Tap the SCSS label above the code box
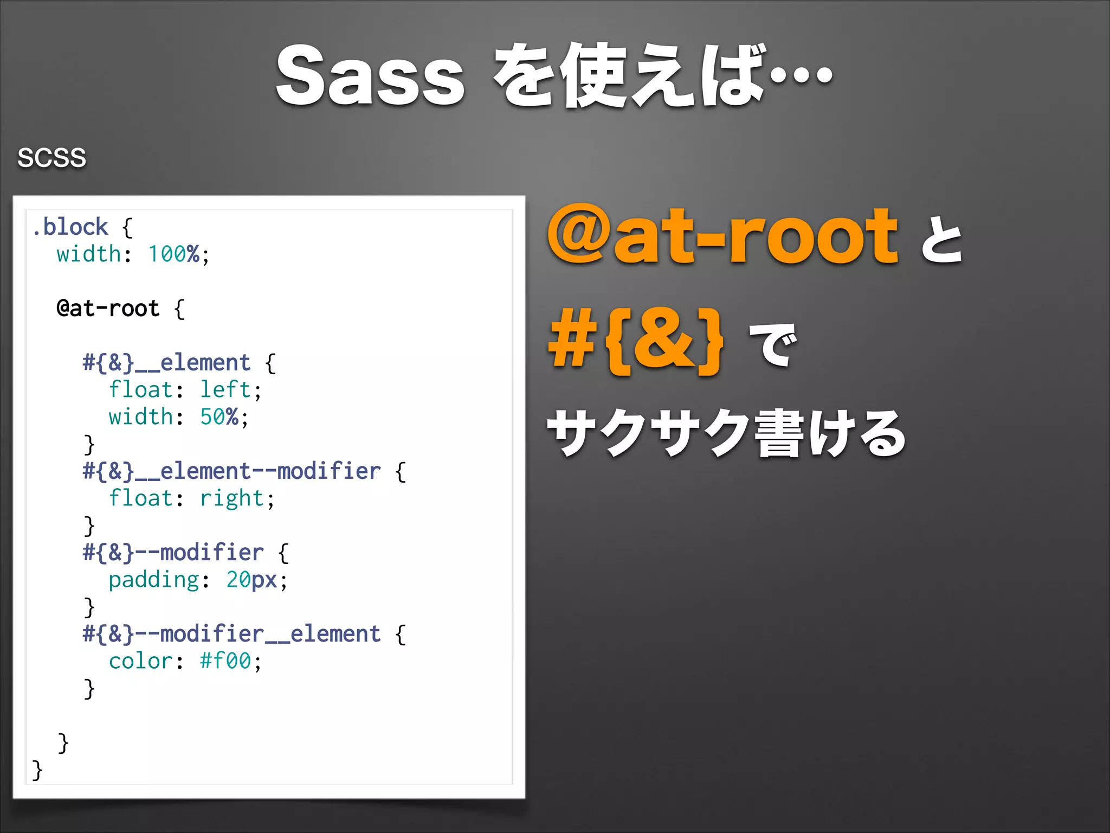(52, 158)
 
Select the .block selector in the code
(70, 227)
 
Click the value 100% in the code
(174, 254)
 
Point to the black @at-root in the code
(108, 309)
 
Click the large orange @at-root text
(722, 236)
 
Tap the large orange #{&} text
(635, 340)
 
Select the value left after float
(225, 389)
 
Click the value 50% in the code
(219, 417)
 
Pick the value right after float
(232, 498)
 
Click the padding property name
(154, 580)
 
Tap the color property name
(141, 661)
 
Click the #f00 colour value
(225, 661)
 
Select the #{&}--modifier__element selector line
(231, 634)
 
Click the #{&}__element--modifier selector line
(231, 471)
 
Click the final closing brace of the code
(37, 770)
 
